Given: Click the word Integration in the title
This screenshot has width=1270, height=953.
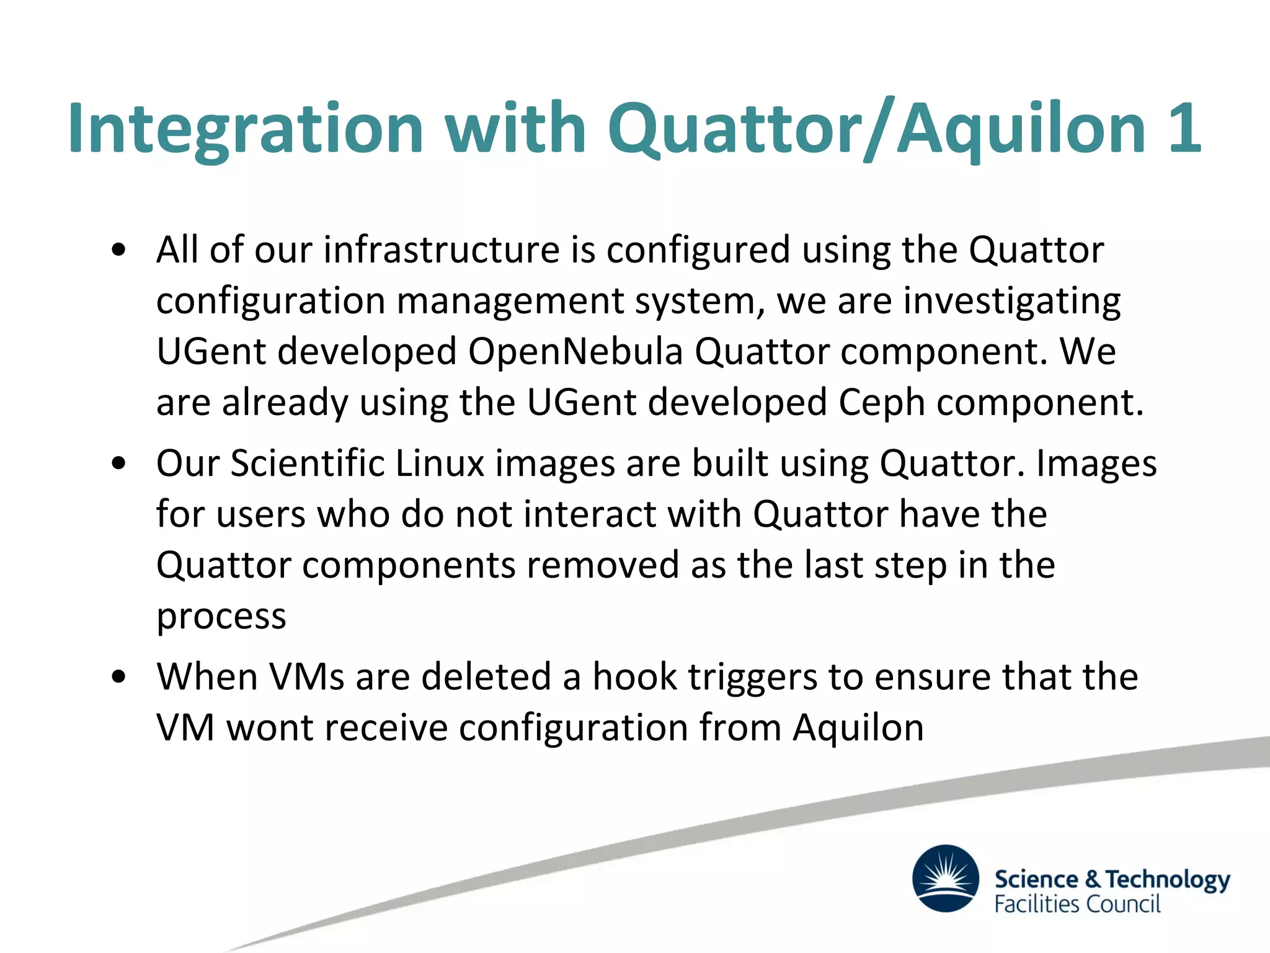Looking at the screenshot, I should (245, 128).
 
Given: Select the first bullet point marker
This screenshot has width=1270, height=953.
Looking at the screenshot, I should (118, 250).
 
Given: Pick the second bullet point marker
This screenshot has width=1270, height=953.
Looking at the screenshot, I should (118, 463).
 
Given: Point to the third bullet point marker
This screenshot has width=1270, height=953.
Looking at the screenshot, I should (118, 677).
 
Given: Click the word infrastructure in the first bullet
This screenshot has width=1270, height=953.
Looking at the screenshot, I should (442, 250).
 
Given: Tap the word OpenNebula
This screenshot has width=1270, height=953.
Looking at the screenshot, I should (575, 352).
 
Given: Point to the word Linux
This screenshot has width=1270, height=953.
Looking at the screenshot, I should (439, 463).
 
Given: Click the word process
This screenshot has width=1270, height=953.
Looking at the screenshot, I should (221, 617).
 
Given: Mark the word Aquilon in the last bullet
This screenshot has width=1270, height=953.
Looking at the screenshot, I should (858, 728).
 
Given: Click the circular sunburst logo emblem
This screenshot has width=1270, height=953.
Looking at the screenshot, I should (946, 878).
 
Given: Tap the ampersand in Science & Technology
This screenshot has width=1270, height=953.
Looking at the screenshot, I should (1093, 879).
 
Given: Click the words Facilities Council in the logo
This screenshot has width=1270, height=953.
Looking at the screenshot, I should (1077, 904).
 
